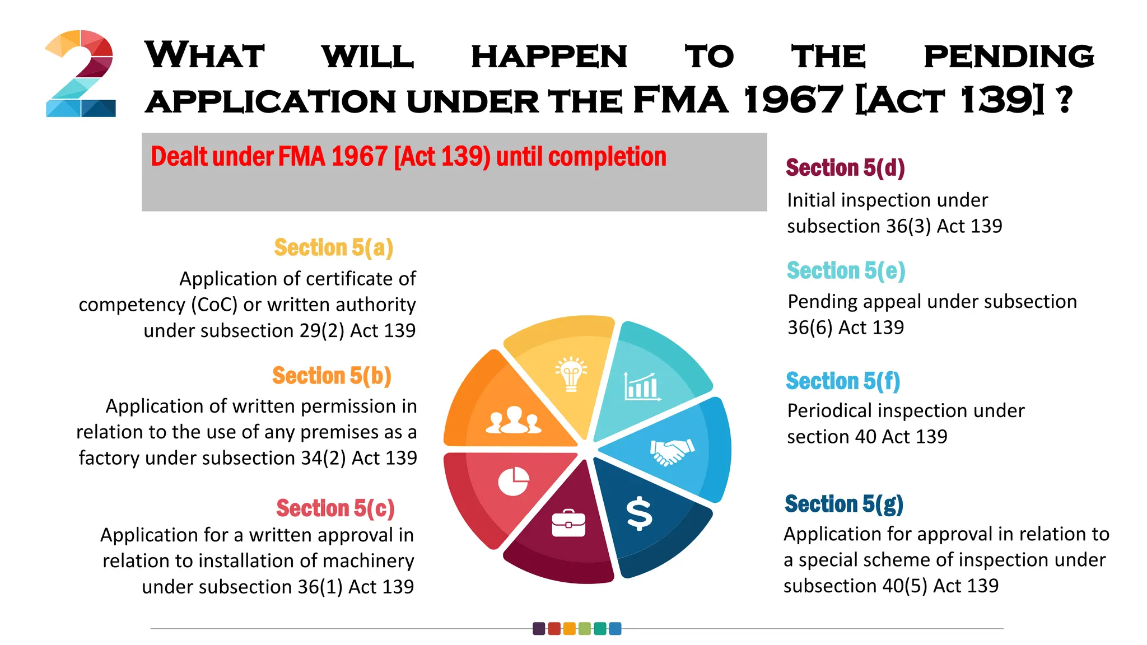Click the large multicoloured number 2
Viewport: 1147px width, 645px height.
(80, 73)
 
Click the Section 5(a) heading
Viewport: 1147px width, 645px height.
(334, 247)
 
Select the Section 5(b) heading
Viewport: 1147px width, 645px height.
(332, 376)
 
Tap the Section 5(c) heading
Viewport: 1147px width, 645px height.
(335, 508)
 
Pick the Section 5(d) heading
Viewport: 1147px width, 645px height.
(845, 168)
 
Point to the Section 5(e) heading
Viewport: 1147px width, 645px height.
(846, 271)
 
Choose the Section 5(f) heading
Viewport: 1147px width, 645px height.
(843, 381)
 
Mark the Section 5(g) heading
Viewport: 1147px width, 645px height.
(844, 504)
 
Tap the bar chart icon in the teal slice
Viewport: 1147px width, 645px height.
(642, 387)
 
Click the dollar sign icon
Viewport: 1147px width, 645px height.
(639, 513)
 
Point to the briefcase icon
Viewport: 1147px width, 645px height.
(568, 524)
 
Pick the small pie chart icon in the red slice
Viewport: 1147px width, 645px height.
(514, 481)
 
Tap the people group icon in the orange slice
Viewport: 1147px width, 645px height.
(513, 420)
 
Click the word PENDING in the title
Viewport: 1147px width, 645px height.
(1009, 57)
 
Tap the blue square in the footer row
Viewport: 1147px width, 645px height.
(615, 629)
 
